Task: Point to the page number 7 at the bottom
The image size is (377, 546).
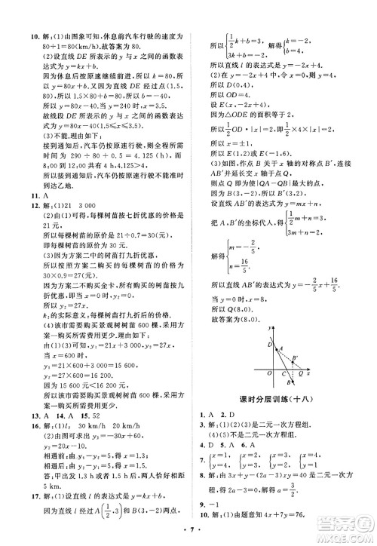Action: [x=188, y=535]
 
